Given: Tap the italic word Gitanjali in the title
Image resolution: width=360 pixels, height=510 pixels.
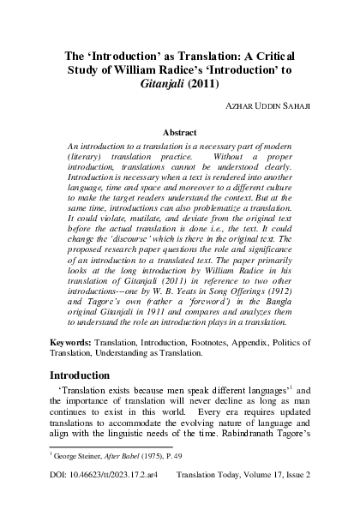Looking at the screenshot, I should (174, 84).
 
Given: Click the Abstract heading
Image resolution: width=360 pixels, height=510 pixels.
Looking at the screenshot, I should (180, 133).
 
